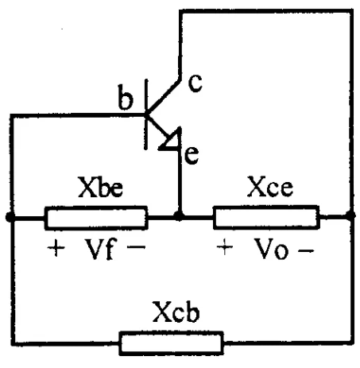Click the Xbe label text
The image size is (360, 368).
(101, 187)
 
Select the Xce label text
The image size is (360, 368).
(270, 186)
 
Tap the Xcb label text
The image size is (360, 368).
(176, 312)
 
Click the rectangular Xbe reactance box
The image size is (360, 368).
(96, 218)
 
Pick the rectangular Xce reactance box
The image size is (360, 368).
(266, 217)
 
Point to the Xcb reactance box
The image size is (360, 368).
(171, 343)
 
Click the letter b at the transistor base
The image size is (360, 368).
(126, 97)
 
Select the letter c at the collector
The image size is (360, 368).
(195, 83)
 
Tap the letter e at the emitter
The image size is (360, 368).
(192, 156)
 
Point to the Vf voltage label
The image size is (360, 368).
(99, 249)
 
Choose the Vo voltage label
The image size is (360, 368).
(271, 249)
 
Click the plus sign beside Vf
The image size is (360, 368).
(56, 248)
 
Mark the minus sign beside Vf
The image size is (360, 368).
(136, 247)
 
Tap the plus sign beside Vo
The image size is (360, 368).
(225, 247)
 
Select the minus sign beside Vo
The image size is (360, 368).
(306, 250)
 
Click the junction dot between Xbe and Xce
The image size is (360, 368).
(180, 217)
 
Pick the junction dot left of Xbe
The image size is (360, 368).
(10, 217)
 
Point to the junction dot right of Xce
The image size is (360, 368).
(350, 215)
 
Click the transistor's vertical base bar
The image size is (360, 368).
(146, 114)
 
